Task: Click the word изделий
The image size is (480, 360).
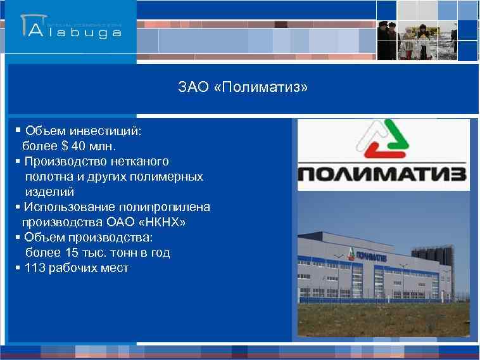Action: coord(49,192)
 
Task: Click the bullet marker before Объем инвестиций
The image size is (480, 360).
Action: coord(17,131)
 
